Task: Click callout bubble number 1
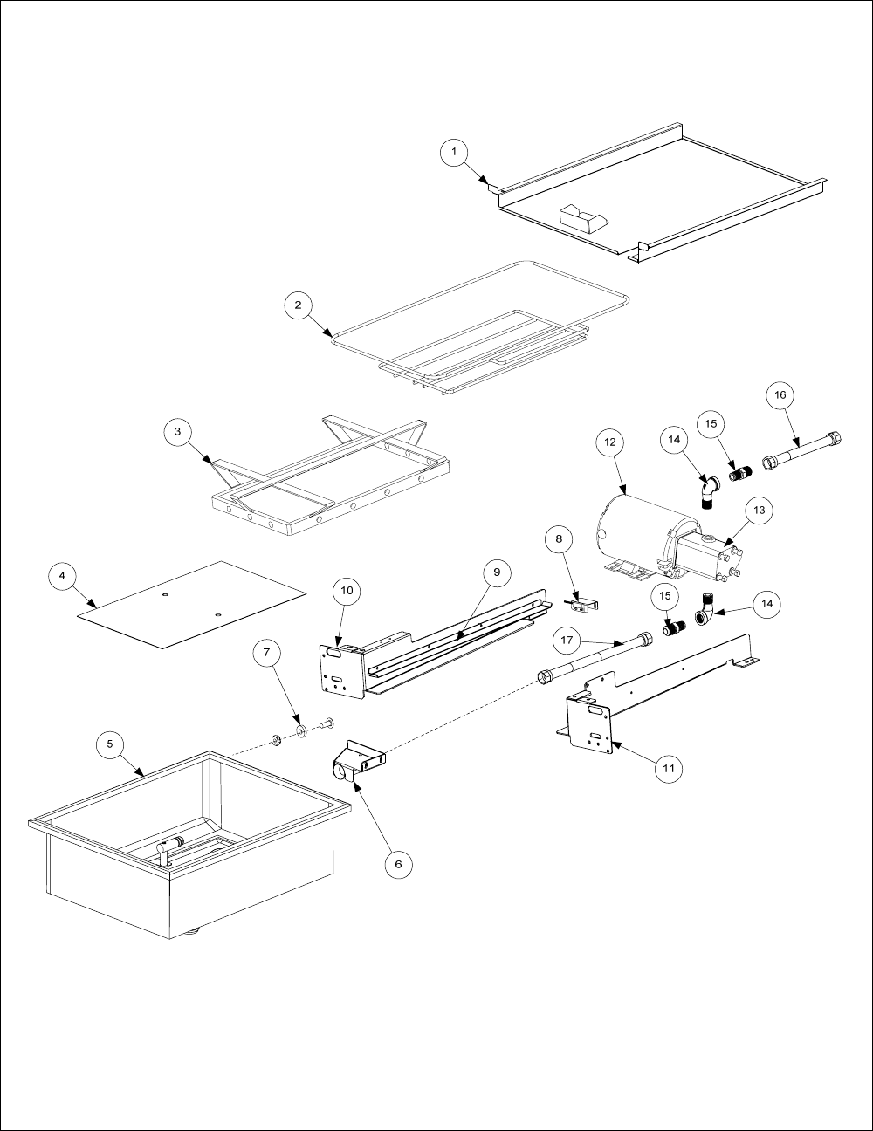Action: click(454, 152)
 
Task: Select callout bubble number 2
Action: click(299, 305)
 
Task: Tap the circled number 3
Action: click(177, 432)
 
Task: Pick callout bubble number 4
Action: click(63, 577)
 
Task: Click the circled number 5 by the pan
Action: click(110, 744)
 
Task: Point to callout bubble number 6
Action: click(399, 865)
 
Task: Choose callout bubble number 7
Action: click(267, 652)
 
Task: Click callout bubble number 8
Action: click(559, 539)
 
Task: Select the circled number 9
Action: click(497, 572)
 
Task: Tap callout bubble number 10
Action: click(347, 591)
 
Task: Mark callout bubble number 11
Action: click(669, 768)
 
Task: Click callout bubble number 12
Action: click(610, 442)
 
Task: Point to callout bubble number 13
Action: click(760, 511)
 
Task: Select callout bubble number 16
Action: click(780, 395)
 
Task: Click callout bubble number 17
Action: click(567, 641)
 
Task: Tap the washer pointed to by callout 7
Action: click(301, 730)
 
